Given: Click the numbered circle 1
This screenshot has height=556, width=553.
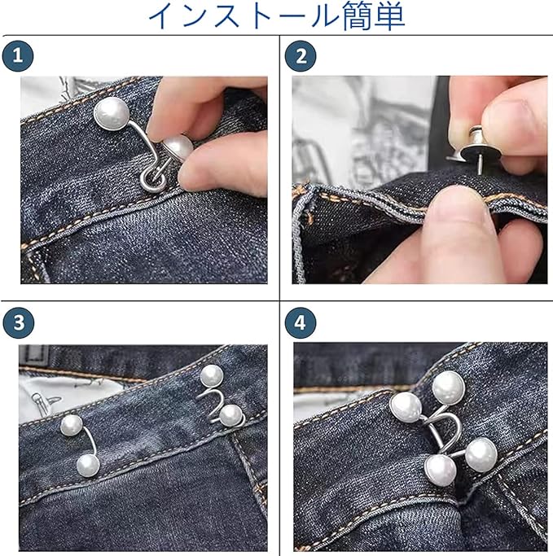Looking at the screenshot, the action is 18,56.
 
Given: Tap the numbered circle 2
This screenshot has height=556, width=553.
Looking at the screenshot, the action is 301,56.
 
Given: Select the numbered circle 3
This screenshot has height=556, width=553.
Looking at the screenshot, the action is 19,322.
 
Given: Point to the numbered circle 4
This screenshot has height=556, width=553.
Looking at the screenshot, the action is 300,322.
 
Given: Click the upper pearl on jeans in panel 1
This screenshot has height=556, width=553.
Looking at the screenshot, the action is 112,113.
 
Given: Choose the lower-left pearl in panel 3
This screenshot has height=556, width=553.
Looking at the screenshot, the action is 88,466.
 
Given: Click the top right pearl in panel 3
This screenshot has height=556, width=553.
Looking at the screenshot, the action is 212,376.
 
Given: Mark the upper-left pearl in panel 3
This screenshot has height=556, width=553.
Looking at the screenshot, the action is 72,426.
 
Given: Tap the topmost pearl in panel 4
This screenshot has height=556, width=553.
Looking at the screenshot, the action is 449,388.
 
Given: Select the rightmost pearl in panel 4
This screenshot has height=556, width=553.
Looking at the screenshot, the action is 481,455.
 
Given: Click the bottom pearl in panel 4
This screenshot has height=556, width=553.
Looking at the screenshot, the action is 441,471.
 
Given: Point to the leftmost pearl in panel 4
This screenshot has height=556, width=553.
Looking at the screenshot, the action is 406,408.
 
